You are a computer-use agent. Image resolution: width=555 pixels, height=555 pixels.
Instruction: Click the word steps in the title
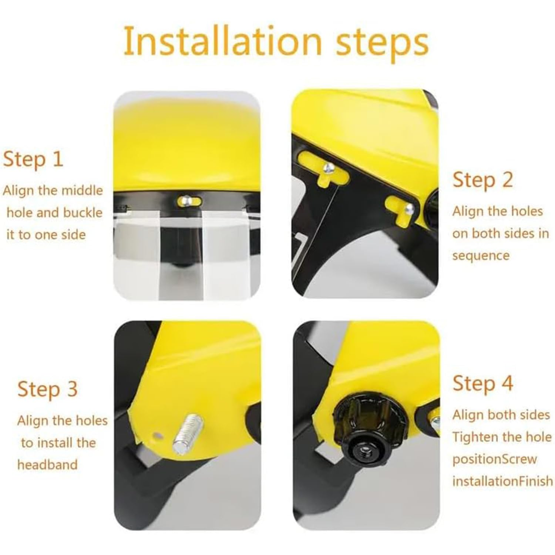coord(382,44)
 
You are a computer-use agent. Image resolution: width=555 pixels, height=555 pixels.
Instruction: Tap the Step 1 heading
coord(33,159)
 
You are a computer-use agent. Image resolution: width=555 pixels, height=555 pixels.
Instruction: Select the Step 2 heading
coord(483,180)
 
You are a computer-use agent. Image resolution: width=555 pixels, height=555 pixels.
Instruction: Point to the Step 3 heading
coord(48,389)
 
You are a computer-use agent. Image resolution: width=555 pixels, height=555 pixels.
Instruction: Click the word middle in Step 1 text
coord(82,191)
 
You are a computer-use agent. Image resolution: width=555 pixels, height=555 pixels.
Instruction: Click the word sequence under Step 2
coord(481,256)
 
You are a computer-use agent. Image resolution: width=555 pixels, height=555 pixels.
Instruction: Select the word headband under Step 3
coord(47,465)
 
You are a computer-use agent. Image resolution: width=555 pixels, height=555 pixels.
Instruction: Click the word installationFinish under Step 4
coord(503,481)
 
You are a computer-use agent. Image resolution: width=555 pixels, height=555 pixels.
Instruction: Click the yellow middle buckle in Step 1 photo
coord(189,201)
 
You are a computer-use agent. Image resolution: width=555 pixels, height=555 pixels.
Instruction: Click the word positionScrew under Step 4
coord(494,460)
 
